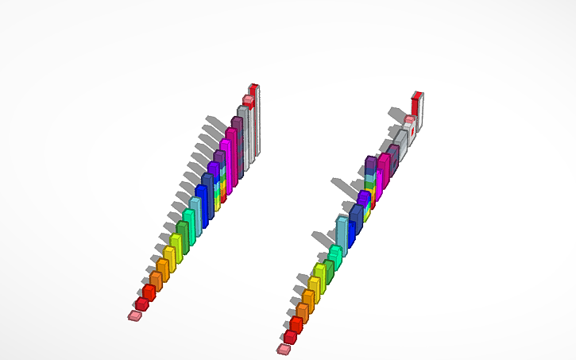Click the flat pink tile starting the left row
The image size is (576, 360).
coord(134,315)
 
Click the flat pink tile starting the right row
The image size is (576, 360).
coord(284,349)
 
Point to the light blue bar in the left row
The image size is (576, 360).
coord(195,215)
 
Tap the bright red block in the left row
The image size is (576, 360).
coord(149,292)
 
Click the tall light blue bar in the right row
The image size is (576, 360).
coord(342,232)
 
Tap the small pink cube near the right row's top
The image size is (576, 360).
coord(408,121)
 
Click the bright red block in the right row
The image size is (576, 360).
coord(296,324)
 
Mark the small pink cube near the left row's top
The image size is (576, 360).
coord(248,100)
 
